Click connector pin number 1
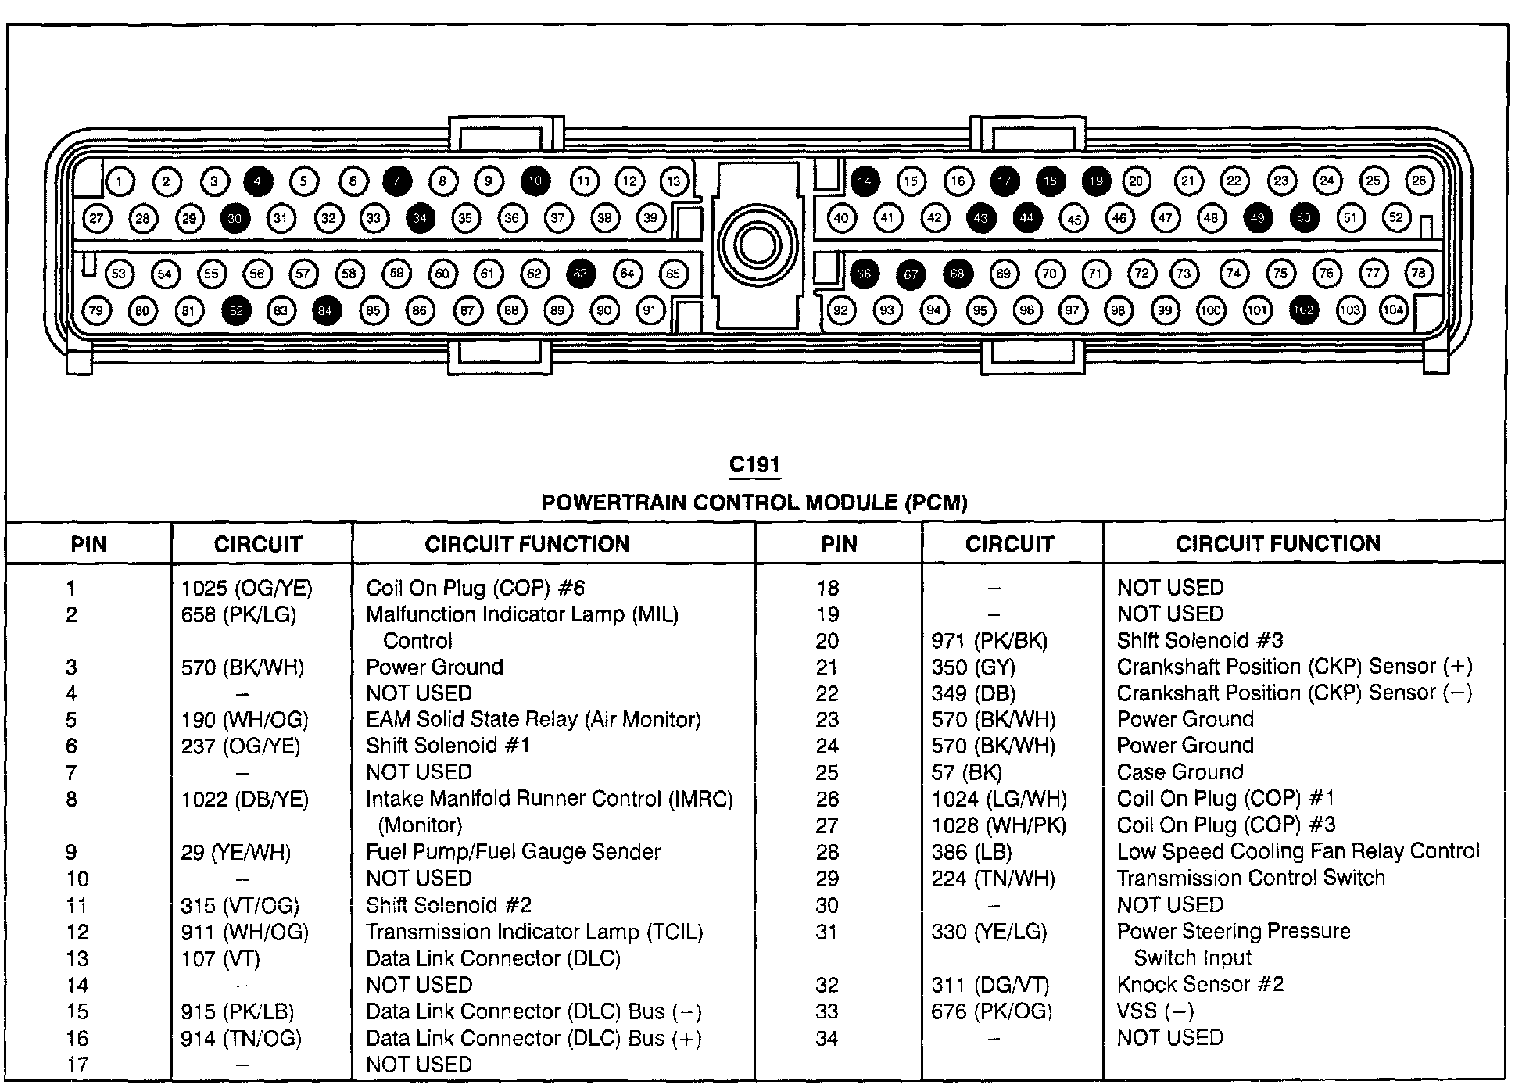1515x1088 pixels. click(120, 182)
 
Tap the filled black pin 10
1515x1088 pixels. click(535, 181)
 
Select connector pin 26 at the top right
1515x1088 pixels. click(1419, 181)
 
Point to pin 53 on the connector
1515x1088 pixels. click(119, 274)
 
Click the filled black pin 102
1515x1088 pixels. click(1303, 310)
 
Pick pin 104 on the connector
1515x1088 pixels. click(1393, 310)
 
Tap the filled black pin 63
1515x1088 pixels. click(580, 274)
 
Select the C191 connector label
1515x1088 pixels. click(754, 465)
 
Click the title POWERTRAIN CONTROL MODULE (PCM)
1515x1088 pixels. click(754, 503)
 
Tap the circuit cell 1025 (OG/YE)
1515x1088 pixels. click(246, 588)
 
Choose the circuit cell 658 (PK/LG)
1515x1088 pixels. click(238, 614)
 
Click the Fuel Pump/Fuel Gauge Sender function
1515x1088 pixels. click(513, 852)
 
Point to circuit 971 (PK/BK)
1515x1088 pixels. click(989, 641)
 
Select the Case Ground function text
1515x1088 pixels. click(1180, 772)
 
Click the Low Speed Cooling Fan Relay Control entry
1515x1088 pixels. click(1298, 851)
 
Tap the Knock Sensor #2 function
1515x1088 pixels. click(1200, 984)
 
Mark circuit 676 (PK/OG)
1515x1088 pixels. click(991, 1011)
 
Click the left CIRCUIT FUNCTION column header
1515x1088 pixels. click(527, 544)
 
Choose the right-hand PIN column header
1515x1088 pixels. click(839, 544)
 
